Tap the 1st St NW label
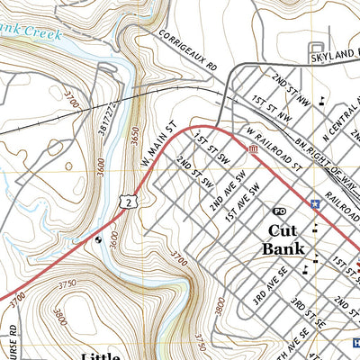coord(272,111)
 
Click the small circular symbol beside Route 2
coord(98,239)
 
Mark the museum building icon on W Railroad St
coord(254,148)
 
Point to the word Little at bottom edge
coord(101,355)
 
